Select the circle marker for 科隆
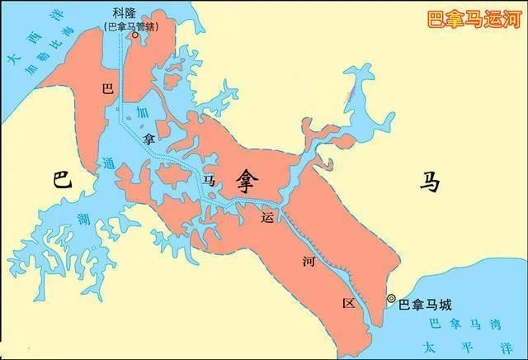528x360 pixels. tap(134, 36)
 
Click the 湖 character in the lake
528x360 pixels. tap(82, 219)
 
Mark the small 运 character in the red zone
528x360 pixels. tap(266, 218)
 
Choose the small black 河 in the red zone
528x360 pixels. tap(308, 261)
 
